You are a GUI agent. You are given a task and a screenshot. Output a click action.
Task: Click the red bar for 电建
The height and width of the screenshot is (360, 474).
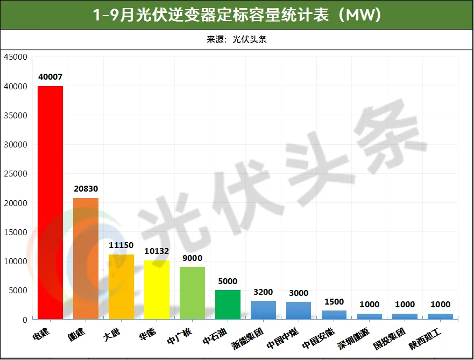(x=50, y=202)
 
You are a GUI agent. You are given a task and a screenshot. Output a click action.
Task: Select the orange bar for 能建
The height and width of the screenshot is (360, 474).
(x=86, y=258)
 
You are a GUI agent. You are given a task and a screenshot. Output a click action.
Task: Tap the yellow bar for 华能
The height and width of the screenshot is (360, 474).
(x=157, y=290)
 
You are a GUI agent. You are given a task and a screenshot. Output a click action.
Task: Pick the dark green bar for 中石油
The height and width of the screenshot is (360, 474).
(x=228, y=305)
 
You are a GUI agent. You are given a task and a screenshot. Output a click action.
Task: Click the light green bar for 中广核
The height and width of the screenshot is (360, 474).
(x=192, y=293)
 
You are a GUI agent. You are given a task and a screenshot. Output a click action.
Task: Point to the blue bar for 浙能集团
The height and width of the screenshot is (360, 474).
(x=263, y=310)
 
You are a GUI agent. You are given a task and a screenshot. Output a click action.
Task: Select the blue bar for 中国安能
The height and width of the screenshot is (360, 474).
(x=334, y=315)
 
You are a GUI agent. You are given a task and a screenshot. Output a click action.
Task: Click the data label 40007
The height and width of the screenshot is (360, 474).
(x=50, y=77)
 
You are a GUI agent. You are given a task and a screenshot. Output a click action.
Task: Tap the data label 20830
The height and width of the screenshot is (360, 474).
(x=86, y=189)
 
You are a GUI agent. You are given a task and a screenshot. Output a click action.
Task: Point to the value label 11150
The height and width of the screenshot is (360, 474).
(x=121, y=245)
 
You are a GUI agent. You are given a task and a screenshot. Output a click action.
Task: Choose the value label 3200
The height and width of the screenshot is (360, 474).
(x=263, y=292)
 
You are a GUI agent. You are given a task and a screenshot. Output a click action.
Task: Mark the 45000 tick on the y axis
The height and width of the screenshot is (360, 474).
(x=16, y=57)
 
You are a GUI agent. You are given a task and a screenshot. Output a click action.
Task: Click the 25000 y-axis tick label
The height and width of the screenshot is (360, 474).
(x=16, y=173)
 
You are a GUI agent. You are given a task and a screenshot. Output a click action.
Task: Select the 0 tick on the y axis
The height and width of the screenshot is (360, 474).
(x=25, y=320)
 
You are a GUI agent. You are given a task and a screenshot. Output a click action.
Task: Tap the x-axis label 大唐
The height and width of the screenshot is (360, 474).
(x=111, y=334)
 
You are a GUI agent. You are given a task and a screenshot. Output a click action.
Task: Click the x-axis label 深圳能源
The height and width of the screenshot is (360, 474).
(x=353, y=338)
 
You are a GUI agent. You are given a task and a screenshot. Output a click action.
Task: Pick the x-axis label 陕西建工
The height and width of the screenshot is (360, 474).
(x=425, y=339)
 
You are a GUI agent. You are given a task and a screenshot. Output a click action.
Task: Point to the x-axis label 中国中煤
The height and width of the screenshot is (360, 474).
(x=282, y=338)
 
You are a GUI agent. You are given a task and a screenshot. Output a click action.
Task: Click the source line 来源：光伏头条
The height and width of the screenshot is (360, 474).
(x=237, y=39)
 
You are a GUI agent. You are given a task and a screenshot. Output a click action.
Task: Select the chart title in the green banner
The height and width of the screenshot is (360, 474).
(x=237, y=15)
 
